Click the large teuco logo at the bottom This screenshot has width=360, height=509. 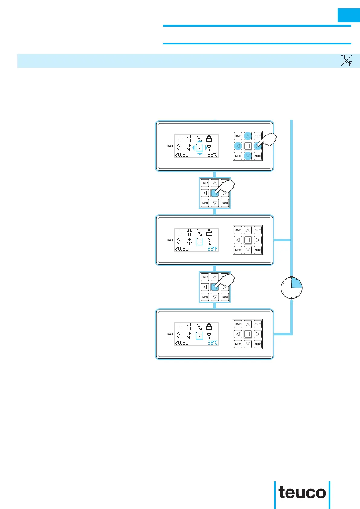click(x=302, y=493)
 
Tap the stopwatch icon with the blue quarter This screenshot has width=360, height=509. click(x=291, y=287)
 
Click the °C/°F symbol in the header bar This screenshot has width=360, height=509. click(x=346, y=60)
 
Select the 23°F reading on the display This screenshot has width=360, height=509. click(x=212, y=249)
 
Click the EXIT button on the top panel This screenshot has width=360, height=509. click(x=258, y=136)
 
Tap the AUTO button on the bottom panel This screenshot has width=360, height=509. click(x=258, y=344)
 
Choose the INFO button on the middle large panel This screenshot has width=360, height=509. click(x=238, y=250)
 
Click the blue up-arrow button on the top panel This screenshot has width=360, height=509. click(x=248, y=136)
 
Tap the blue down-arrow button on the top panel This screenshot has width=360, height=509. click(x=248, y=156)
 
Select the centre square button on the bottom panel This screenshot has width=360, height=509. click(x=248, y=334)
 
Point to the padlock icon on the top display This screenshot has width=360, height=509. click(x=209, y=139)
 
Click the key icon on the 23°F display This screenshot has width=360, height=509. click(x=209, y=241)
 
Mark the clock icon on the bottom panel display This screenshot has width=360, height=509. click(x=180, y=335)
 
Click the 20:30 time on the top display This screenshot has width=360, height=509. click(x=182, y=155)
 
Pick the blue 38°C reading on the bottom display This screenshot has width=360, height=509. click(x=212, y=343)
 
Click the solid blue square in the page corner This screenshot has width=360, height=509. click(x=349, y=15)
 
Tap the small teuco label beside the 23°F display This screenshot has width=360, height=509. click(x=170, y=240)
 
